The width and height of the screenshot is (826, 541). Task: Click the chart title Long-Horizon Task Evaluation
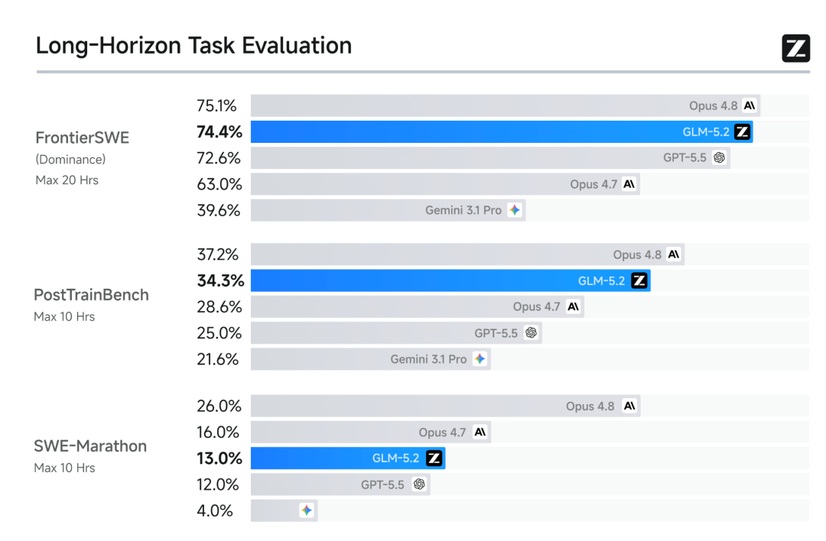(x=193, y=46)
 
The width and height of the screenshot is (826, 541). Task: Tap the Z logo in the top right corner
(x=795, y=48)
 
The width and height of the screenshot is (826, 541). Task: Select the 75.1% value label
(x=216, y=105)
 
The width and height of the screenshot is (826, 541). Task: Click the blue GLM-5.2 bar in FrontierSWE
(x=502, y=131)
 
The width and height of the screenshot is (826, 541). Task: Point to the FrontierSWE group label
(x=82, y=138)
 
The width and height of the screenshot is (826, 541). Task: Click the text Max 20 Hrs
(x=67, y=180)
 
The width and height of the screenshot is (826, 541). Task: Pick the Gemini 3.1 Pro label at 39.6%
(x=463, y=210)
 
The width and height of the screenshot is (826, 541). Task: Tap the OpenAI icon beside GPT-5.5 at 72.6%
(x=719, y=158)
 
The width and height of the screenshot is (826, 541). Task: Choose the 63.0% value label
(x=220, y=184)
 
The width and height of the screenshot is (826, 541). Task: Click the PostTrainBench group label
(x=91, y=295)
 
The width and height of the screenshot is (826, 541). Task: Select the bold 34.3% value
(x=221, y=280)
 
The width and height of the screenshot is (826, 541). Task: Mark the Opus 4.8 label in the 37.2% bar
(x=637, y=254)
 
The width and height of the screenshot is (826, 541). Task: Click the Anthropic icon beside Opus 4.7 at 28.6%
(x=573, y=307)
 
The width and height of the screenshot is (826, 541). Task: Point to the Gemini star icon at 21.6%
(x=480, y=359)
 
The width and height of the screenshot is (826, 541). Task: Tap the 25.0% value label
(x=220, y=333)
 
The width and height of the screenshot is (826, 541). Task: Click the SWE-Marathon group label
(x=90, y=446)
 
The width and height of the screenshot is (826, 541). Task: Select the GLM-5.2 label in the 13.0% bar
(x=395, y=458)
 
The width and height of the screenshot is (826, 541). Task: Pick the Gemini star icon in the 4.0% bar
(x=307, y=510)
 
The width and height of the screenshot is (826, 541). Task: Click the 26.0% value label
(x=220, y=407)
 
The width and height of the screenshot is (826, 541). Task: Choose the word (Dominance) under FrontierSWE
(x=70, y=160)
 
